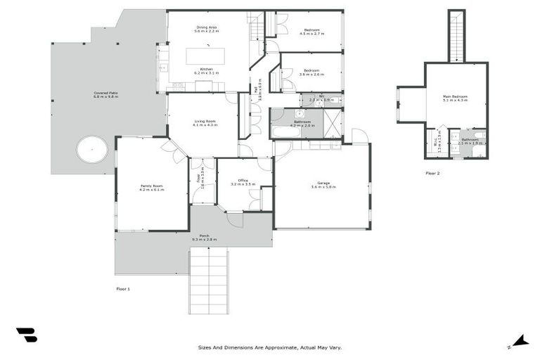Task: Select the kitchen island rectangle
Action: coord(205,56)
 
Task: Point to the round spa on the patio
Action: coord(92,148)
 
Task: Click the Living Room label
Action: coord(205,122)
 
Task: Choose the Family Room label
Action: coord(151,187)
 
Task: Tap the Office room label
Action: coord(243,181)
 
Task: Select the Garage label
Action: coord(323,184)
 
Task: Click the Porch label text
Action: coord(204,237)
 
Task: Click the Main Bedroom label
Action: coord(455,98)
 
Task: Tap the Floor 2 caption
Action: coord(432,172)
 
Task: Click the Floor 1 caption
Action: coord(123,288)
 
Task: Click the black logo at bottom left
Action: coord(26,335)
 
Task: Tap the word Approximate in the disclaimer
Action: coord(271,347)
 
